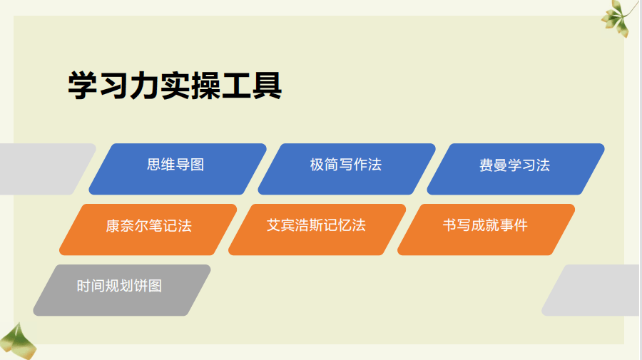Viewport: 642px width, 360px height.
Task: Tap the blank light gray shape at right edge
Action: [x=596, y=290]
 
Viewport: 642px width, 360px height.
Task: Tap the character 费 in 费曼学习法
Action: [x=486, y=165]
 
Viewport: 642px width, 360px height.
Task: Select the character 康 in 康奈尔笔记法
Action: [x=113, y=226]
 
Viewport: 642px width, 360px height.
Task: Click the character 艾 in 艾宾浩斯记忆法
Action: [x=274, y=226]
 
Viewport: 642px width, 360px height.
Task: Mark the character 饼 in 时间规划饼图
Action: [x=141, y=287]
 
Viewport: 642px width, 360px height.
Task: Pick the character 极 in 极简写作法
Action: [x=317, y=165]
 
